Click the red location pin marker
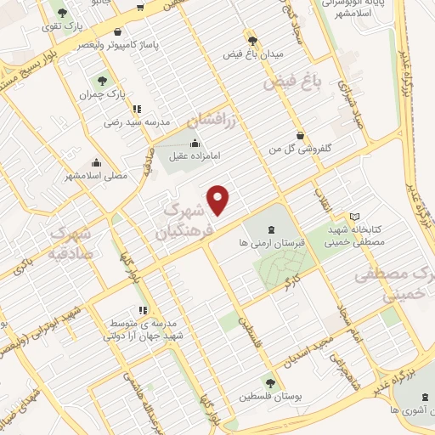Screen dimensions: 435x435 pos(219,199)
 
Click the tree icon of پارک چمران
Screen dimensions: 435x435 pos(102,81)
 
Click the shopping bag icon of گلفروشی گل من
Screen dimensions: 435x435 pos(300,135)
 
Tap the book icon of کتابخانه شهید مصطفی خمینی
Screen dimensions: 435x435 pos(354,217)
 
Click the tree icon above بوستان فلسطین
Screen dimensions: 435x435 pos(271,383)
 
